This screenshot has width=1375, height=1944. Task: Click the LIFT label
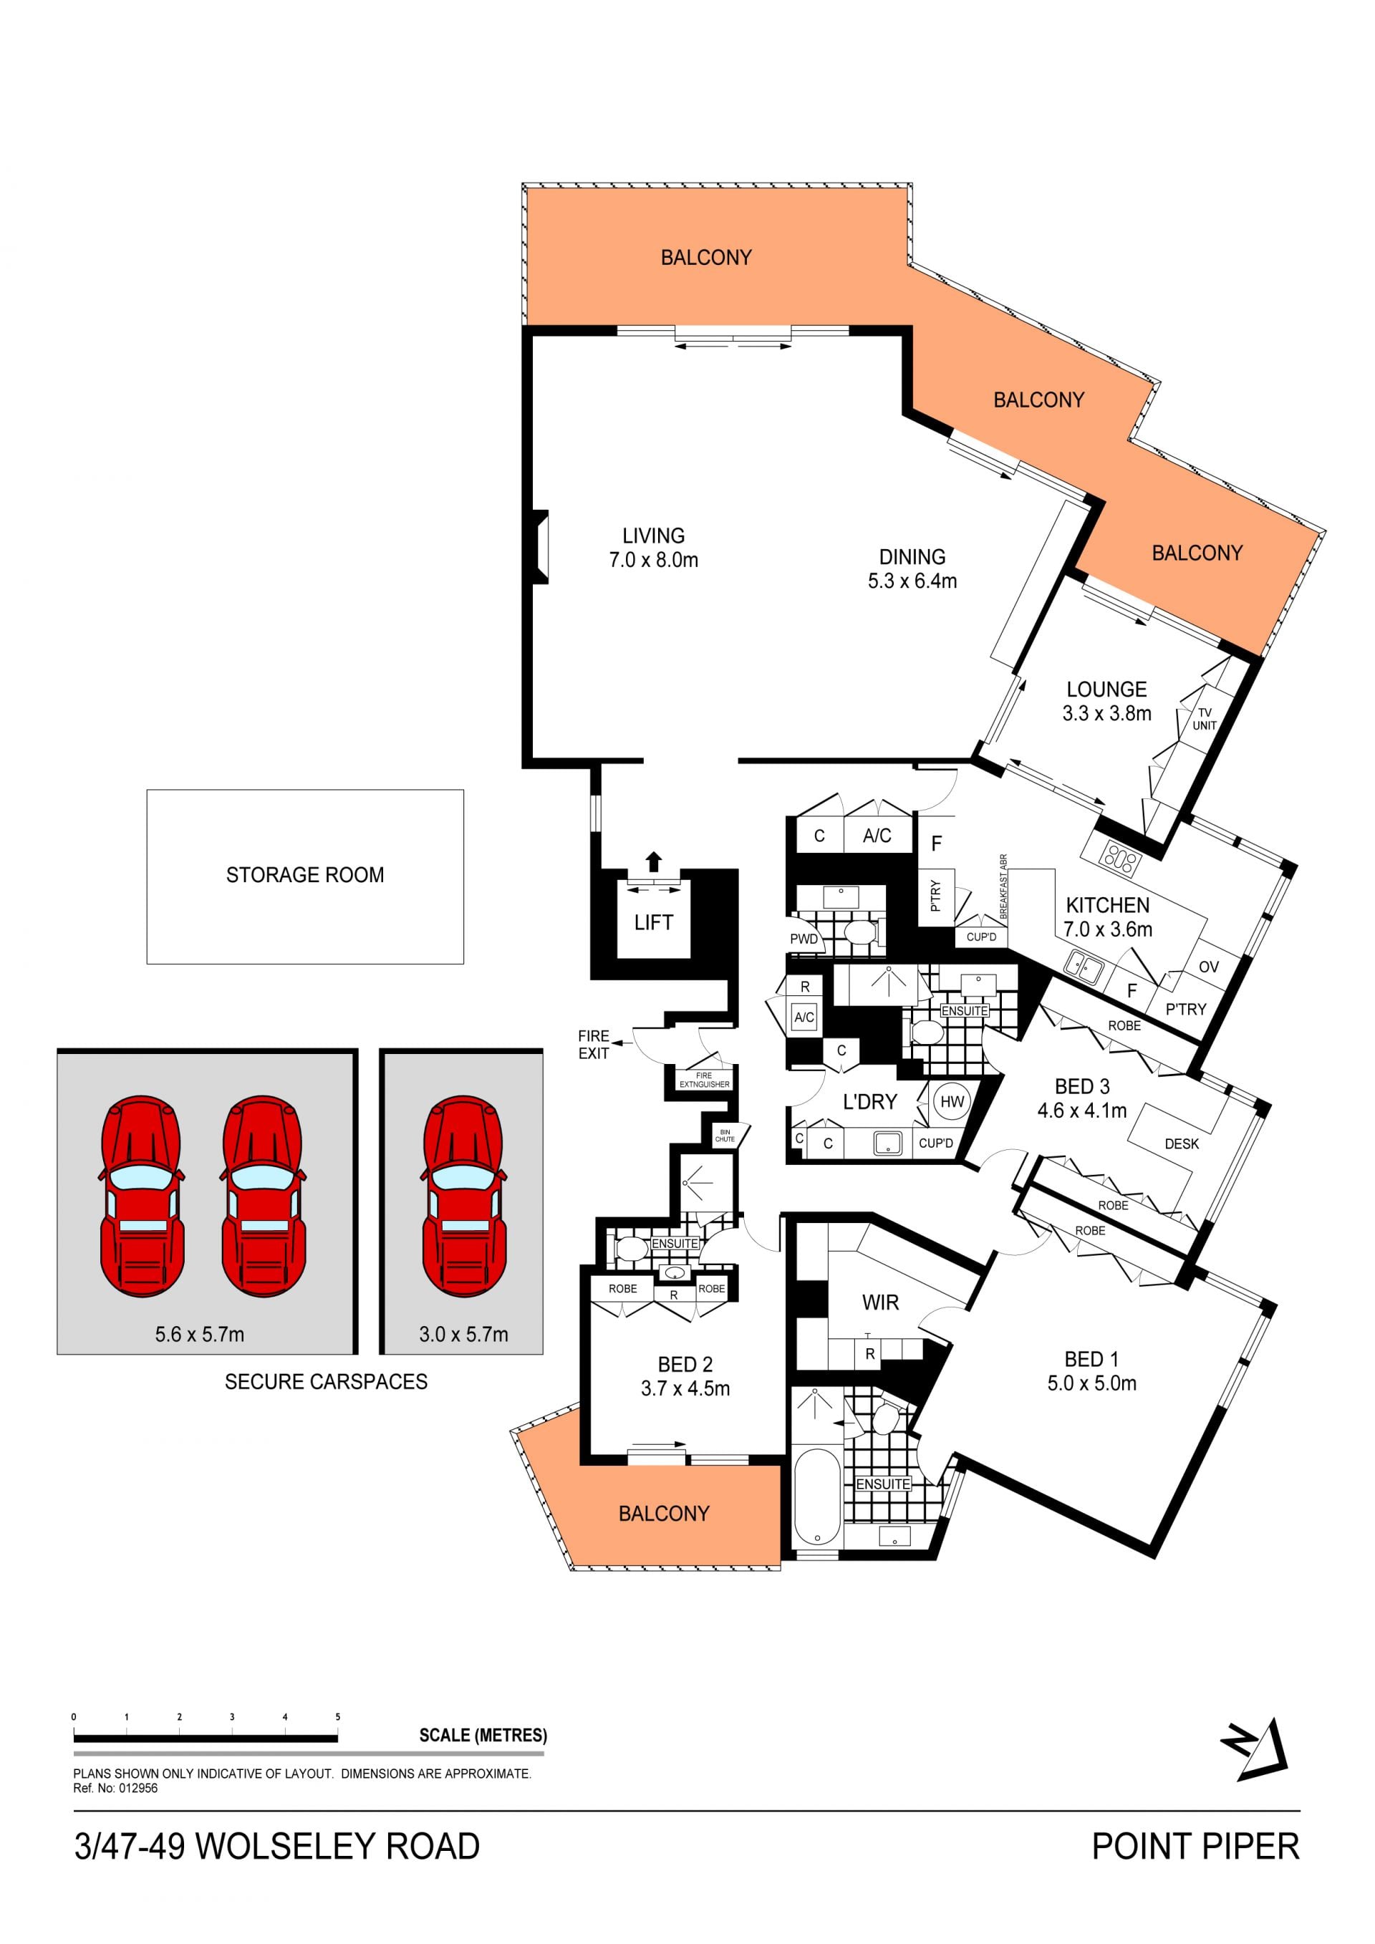pos(654,922)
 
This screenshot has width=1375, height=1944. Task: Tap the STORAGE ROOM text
pos(305,875)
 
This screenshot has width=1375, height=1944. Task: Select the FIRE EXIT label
pos(594,1044)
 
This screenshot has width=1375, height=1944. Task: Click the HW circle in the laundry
pos(952,1101)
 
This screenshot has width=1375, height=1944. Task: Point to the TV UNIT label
pos(1204,719)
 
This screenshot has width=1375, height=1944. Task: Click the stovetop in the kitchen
pos(1119,859)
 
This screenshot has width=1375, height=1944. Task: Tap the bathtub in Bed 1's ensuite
pos(817,1499)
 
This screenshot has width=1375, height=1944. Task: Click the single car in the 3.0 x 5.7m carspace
pos(463,1196)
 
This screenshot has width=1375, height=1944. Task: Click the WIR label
pos(881,1302)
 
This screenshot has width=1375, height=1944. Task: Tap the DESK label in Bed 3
pos(1181,1144)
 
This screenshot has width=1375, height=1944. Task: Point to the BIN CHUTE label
pos(725,1136)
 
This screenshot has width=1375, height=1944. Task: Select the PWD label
pos(804,939)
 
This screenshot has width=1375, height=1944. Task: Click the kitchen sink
pos(1084,966)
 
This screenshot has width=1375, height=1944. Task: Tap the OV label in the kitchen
pos(1208,967)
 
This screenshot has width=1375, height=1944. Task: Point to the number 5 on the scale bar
pos(338,1716)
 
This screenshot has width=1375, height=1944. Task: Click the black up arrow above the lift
pos(653,861)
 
